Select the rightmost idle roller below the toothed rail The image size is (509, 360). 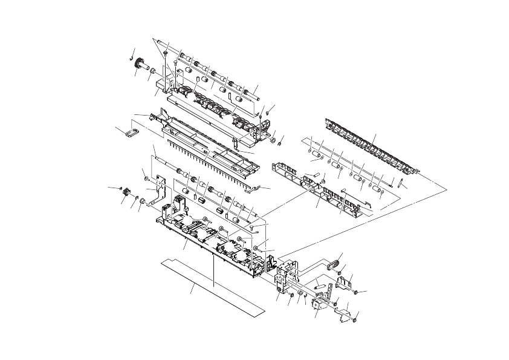[x=378, y=189]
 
